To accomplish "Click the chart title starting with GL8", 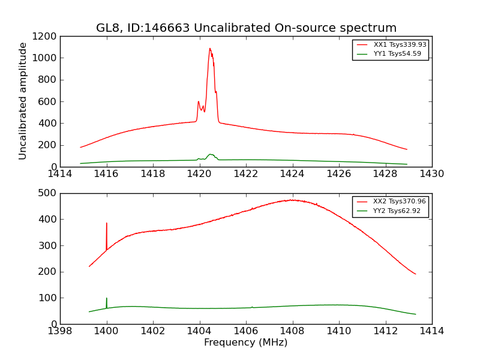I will (x=246, y=28).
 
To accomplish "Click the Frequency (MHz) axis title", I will (x=246, y=343).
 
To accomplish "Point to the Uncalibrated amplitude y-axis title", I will (x=23, y=101).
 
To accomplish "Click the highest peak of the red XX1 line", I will (x=210, y=49).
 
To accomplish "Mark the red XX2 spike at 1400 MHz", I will (x=107, y=224).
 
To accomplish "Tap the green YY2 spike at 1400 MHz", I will (x=107, y=299).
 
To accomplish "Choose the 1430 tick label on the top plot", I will (x=432, y=174).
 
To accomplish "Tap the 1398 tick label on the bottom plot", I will (x=60, y=331).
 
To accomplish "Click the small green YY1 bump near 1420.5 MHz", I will (x=211, y=154).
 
